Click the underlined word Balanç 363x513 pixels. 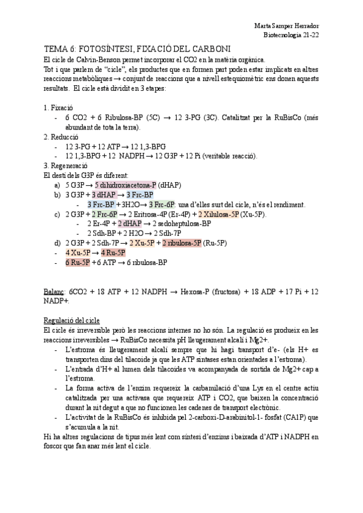point(55,291)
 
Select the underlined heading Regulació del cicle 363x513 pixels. point(72,320)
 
